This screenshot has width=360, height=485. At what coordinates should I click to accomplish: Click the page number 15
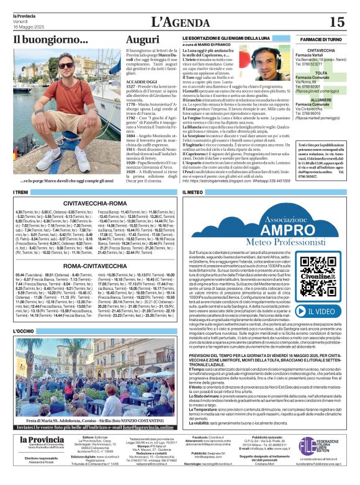click(337, 22)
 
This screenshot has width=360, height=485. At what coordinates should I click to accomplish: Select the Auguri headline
click(142, 39)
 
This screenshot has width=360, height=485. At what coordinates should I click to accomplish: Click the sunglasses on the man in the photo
click(66, 65)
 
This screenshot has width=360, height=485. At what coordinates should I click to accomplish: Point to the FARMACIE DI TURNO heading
click(322, 39)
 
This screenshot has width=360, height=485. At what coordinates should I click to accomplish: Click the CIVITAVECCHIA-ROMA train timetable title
click(94, 202)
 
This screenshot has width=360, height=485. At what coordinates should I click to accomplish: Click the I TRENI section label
click(21, 192)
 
